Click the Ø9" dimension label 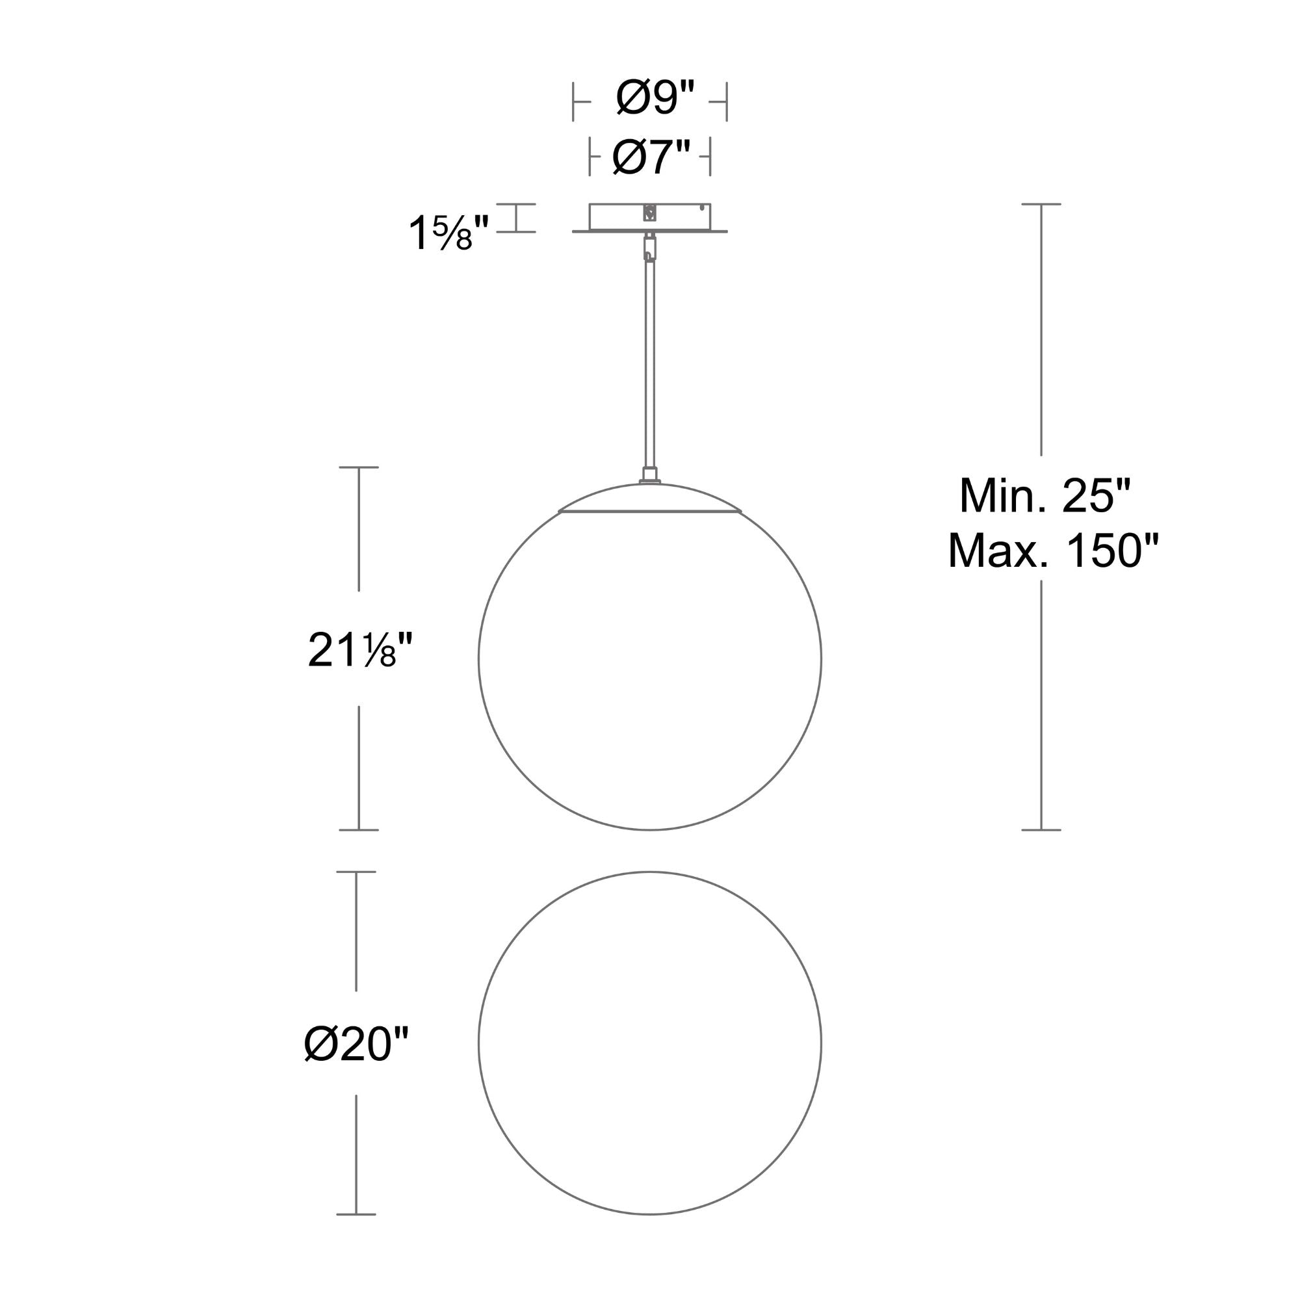click(x=654, y=98)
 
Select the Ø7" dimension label click(x=651, y=156)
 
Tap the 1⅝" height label click(x=448, y=233)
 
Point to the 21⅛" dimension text click(x=359, y=650)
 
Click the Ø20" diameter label click(x=356, y=1044)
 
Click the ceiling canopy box click(x=650, y=216)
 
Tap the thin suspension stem click(x=650, y=363)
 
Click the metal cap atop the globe click(x=650, y=497)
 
